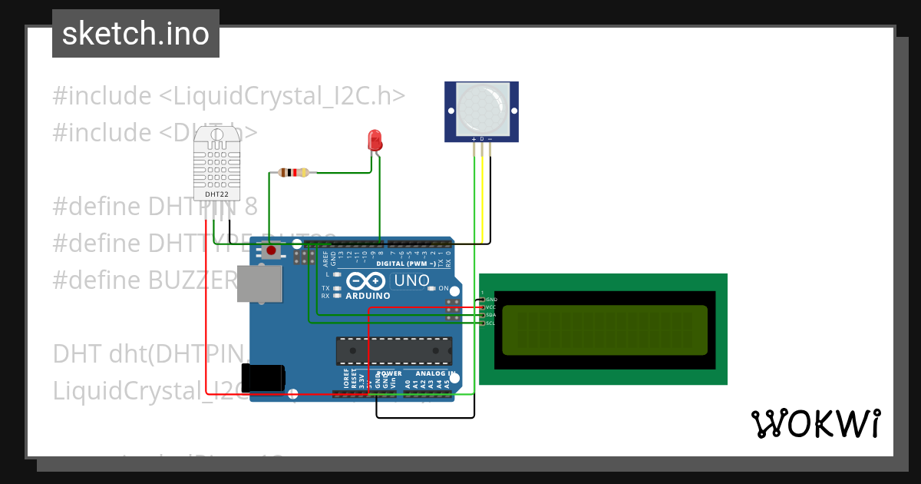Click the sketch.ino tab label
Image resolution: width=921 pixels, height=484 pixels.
click(136, 34)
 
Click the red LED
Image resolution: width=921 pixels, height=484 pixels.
click(375, 141)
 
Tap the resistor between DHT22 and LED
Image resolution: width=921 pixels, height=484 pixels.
click(294, 172)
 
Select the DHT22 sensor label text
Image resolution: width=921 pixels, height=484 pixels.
click(216, 194)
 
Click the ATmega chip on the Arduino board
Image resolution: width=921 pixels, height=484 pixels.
click(393, 350)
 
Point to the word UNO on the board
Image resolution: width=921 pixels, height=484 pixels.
click(411, 281)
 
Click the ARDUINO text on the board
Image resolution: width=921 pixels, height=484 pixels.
click(368, 296)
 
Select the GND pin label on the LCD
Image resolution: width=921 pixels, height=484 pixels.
click(492, 299)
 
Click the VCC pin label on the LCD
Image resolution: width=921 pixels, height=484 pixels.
click(492, 307)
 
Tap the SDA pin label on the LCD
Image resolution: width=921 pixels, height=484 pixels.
click(492, 315)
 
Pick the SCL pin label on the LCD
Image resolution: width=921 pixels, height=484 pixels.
click(492, 323)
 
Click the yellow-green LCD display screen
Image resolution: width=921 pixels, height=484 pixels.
click(604, 330)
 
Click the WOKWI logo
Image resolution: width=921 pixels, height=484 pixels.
click(814, 423)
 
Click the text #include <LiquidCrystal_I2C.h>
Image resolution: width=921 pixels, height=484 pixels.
click(228, 96)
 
